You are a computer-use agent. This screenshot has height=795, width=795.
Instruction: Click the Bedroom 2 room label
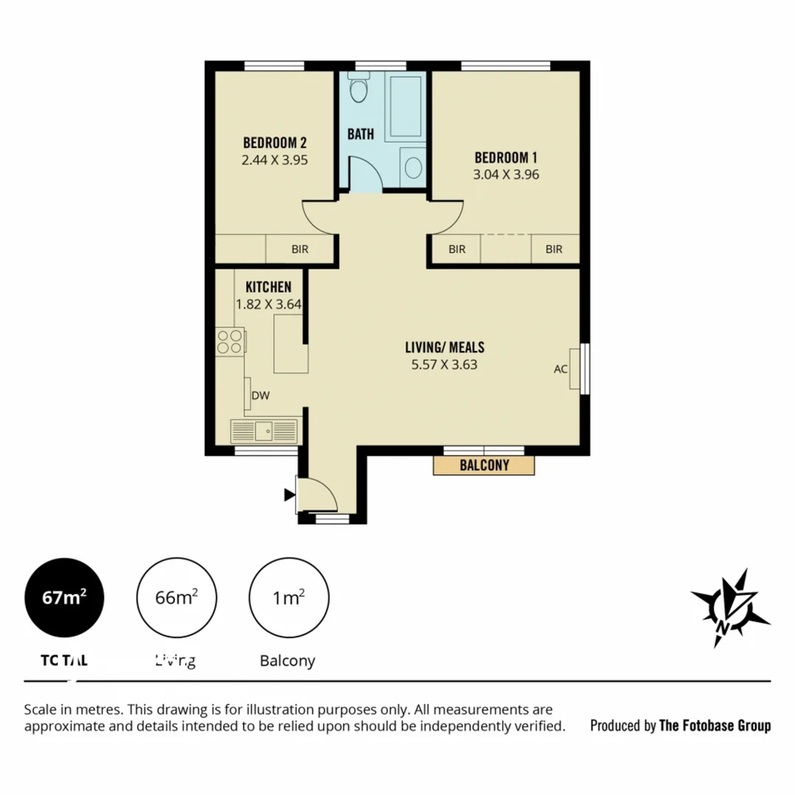pos(275,142)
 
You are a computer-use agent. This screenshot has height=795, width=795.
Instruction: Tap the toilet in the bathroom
pos(358,89)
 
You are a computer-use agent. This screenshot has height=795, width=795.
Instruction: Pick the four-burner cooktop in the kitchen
pos(230,342)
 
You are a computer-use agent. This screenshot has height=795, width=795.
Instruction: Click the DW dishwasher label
pos(261,395)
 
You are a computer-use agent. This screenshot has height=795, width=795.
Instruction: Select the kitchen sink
pos(264,429)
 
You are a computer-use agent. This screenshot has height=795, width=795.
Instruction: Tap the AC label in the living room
pos(560,369)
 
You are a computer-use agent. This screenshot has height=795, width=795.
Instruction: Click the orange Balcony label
pos(484,465)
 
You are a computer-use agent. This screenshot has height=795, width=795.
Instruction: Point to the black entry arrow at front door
pos(289,495)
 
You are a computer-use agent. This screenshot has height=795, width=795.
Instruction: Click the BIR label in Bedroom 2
pos(300,250)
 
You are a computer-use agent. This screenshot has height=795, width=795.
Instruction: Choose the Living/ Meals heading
pos(445,347)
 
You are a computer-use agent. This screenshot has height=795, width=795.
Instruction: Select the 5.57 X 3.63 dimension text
pos(445,364)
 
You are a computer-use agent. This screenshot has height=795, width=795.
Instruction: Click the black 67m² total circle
pos(64,597)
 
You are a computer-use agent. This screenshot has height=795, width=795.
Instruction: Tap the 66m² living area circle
pos(177,597)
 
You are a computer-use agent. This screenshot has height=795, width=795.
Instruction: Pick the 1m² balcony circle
pos(289,597)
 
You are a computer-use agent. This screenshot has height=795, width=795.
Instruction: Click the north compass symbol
pos(729,608)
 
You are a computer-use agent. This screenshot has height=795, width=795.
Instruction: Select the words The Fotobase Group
pos(715,726)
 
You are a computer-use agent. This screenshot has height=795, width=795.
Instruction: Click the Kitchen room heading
pos(269,287)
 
